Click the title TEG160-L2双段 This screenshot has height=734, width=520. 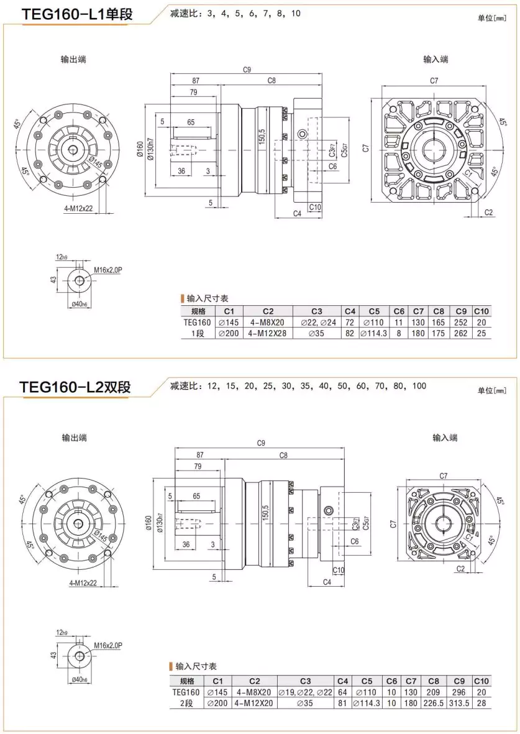75,387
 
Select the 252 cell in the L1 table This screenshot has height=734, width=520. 460,323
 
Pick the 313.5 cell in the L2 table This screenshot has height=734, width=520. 460,703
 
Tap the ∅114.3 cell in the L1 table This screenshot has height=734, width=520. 373,333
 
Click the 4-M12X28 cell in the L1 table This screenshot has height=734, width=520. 268,333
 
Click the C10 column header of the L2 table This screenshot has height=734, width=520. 481,681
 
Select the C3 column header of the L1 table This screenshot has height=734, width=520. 316,311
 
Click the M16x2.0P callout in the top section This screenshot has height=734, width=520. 109,270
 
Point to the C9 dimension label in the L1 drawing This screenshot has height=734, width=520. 247,70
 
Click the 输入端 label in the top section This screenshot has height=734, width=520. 436,59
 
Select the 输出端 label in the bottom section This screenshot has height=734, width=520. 74,438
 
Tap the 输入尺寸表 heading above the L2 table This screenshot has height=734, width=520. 196,666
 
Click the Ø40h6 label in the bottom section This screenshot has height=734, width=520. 79,679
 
